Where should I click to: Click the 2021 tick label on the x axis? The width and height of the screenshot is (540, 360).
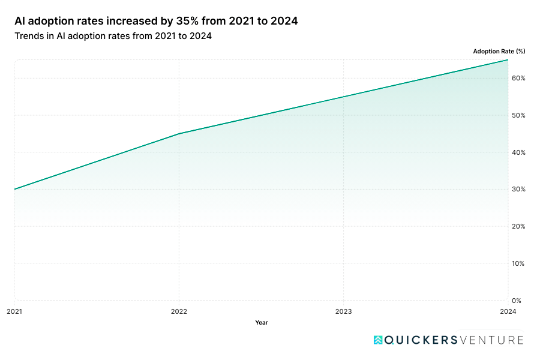click(14, 311)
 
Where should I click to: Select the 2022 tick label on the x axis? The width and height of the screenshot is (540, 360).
click(179, 311)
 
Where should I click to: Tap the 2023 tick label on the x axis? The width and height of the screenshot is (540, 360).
click(343, 311)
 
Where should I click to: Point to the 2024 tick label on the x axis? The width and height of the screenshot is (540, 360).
click(508, 311)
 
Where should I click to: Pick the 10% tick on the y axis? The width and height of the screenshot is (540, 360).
click(519, 263)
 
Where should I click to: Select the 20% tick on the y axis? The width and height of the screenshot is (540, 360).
click(519, 226)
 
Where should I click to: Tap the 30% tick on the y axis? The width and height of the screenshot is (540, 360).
click(519, 189)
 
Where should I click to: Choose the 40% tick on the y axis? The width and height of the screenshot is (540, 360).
click(519, 152)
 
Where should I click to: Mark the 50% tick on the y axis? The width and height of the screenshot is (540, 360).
click(519, 115)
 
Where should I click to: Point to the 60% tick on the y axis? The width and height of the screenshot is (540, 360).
click(519, 78)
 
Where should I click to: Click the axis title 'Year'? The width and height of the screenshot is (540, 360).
click(261, 323)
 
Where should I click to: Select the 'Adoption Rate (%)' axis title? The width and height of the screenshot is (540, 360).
click(499, 51)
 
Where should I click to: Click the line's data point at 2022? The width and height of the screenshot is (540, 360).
click(179, 134)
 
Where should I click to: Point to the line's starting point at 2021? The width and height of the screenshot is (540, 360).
click(14, 189)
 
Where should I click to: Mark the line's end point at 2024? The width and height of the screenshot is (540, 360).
click(508, 60)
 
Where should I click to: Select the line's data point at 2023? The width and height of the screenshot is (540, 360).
click(343, 97)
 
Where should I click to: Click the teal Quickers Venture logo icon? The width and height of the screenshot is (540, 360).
click(378, 340)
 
